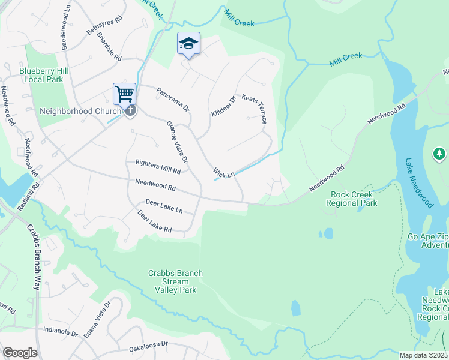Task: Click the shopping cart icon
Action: click(x=124, y=93)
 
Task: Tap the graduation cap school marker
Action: click(x=188, y=43)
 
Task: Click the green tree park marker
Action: click(x=439, y=155)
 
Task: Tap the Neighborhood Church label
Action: click(x=75, y=111)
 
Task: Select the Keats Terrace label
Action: click(x=254, y=109)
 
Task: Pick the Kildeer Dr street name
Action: click(x=223, y=106)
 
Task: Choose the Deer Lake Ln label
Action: click(x=163, y=208)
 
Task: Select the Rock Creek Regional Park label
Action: click(x=351, y=199)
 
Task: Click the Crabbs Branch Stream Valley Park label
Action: click(x=175, y=281)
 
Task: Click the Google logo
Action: click(x=20, y=353)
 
